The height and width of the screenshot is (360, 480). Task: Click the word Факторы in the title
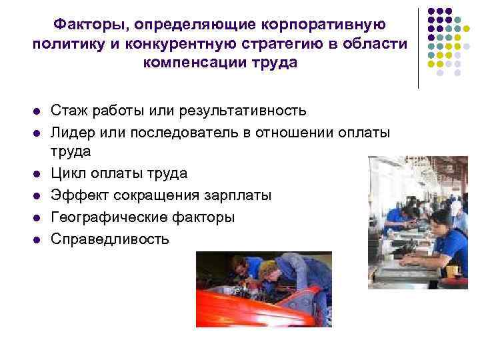pyautogui.click(x=88, y=25)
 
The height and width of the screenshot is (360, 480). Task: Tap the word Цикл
pyautogui.click(x=71, y=173)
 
